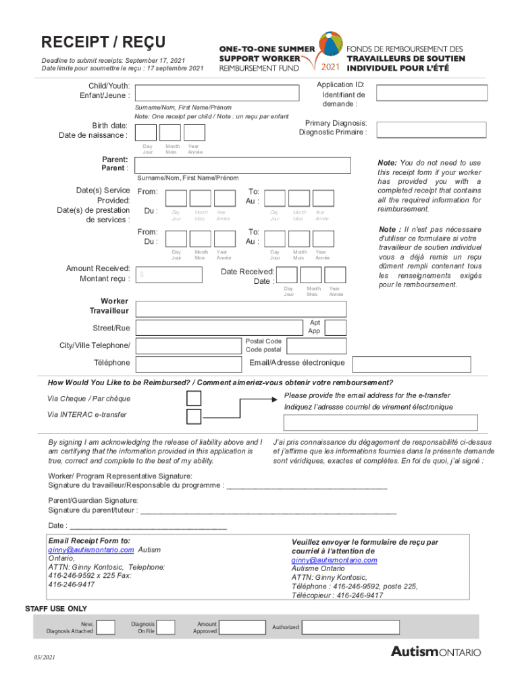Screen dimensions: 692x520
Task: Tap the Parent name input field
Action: click(x=242, y=165)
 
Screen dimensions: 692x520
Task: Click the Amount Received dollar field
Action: click(x=168, y=274)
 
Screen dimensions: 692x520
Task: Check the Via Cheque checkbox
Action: click(x=194, y=397)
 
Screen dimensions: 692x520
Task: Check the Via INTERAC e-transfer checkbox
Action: click(x=194, y=416)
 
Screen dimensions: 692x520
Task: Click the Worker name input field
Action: click(x=240, y=310)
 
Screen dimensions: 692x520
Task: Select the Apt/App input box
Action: click(x=336, y=327)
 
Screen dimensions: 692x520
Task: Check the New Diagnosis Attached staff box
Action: click(x=105, y=628)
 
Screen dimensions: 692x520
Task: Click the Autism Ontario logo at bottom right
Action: click(x=436, y=652)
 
